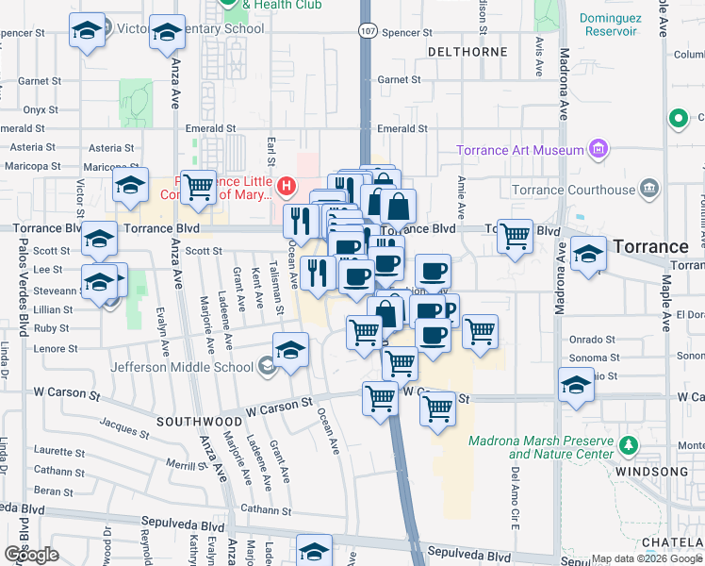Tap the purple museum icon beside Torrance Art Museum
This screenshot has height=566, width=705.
(596, 149)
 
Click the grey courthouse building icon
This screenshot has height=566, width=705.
(648, 189)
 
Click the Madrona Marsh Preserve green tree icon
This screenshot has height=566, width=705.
(628, 443)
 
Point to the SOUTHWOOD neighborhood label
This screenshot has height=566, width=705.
(199, 420)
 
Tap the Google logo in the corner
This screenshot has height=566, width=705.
(32, 555)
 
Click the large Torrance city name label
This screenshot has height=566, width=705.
(650, 247)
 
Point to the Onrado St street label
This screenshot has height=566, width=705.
(591, 340)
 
